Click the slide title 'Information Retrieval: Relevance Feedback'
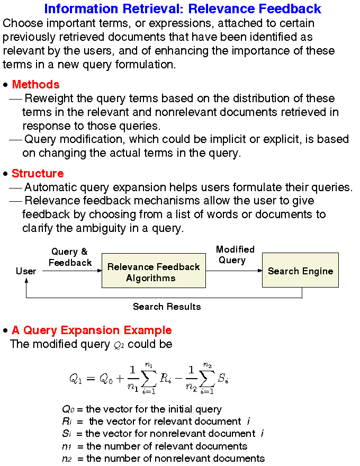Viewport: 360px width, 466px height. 182,8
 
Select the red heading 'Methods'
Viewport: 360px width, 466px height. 35,85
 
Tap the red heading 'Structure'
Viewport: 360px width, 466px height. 38,174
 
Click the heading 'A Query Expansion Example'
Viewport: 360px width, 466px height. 92,330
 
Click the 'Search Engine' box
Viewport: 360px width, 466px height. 300,271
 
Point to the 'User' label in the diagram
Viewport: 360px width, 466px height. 26,271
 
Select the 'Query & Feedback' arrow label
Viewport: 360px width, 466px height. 70,257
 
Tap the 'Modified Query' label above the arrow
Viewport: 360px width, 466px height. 235,255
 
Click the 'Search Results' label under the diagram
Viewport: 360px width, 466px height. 167,307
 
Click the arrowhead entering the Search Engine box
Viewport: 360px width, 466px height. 260,271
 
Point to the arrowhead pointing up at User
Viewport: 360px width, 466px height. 26,281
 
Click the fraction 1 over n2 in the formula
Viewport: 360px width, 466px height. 192,379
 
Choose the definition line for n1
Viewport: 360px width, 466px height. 154,446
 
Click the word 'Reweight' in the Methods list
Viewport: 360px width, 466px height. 47,98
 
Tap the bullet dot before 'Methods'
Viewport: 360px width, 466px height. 6,85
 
